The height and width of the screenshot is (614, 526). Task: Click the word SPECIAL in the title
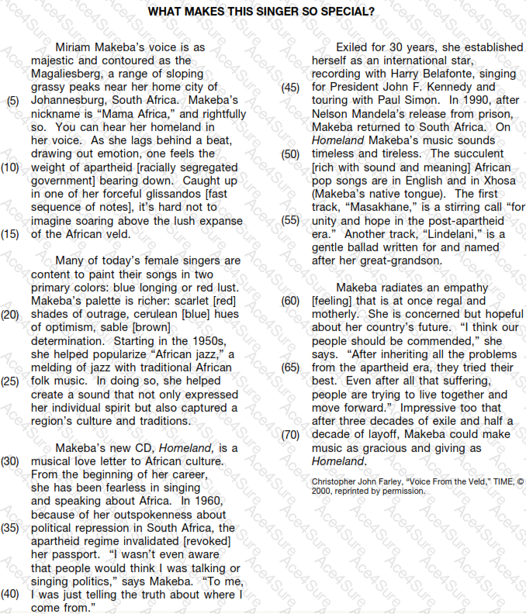pos(343,12)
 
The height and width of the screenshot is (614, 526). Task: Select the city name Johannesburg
pos(67,100)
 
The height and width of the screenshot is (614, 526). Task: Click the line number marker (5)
pos(13,100)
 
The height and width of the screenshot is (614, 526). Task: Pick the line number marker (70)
pos(290,435)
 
